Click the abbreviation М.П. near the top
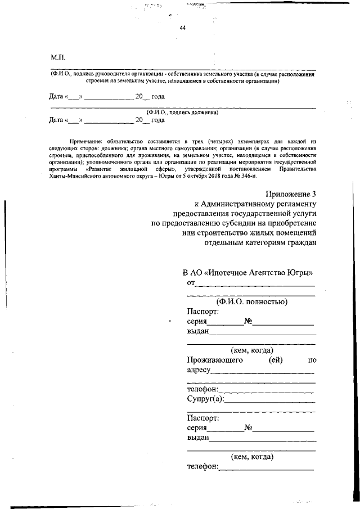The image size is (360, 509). tap(58, 57)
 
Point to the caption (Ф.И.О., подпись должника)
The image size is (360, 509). tap(182, 112)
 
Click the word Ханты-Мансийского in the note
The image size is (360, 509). tap(76, 175)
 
